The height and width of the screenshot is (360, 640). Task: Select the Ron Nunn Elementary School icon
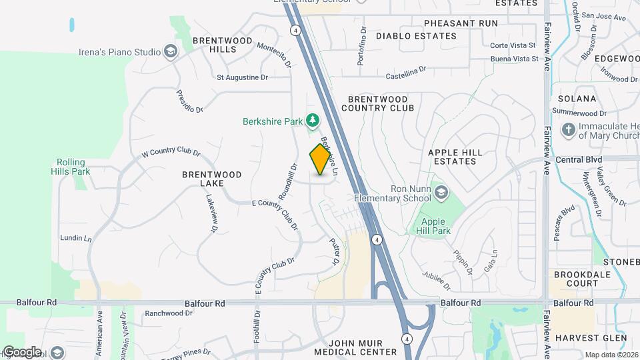pyautogui.click(x=441, y=193)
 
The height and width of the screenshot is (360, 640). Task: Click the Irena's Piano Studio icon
pyautogui.click(x=171, y=52)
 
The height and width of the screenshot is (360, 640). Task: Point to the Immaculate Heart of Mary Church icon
pyautogui.click(x=569, y=129)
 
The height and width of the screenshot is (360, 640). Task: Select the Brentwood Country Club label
pyautogui.click(x=378, y=103)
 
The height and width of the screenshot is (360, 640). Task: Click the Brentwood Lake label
pyautogui.click(x=212, y=179)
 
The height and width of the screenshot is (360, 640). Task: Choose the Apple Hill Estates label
pyautogui.click(x=455, y=157)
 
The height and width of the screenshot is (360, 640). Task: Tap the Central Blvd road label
pyautogui.click(x=578, y=160)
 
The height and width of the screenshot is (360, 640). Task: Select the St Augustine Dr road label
pyautogui.click(x=242, y=77)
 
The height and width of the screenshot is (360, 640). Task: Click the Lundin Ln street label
pyautogui.click(x=75, y=238)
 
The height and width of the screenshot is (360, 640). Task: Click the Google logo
pyautogui.click(x=22, y=351)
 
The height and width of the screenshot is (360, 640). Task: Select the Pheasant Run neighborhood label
pyautogui.click(x=461, y=23)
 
